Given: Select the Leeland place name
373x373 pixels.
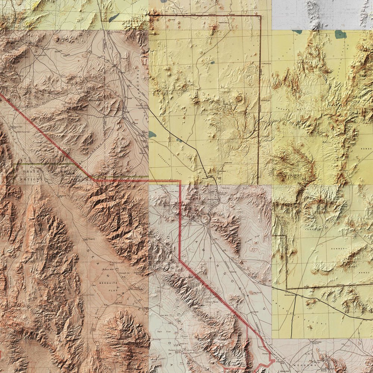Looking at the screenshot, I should [255, 312].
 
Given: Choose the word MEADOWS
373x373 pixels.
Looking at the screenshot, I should [309, 361].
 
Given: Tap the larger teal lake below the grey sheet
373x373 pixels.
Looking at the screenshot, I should [340, 35].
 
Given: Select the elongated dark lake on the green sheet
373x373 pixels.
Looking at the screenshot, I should [114, 17].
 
